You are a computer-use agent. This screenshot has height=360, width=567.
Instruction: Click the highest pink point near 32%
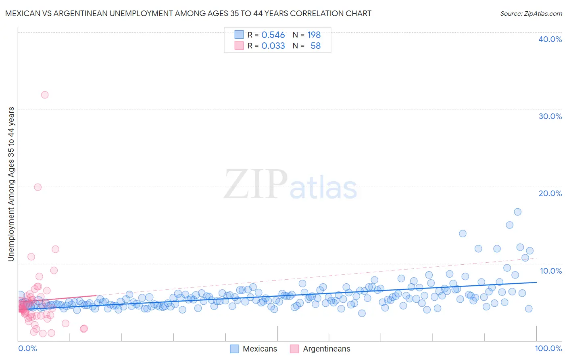45,95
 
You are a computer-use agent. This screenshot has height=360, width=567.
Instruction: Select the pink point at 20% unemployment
38,187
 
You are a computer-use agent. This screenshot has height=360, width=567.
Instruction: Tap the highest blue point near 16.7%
517,212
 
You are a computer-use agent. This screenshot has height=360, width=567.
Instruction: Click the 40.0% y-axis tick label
550,39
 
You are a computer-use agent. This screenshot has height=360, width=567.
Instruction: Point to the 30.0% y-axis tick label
550,116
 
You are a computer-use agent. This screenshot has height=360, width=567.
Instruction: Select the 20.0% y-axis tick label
550,193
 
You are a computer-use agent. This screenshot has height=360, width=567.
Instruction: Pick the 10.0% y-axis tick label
550,271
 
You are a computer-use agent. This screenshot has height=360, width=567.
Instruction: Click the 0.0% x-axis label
27,349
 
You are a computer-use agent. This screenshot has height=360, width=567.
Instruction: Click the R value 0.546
273,35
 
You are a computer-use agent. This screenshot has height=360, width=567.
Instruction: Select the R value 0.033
273,46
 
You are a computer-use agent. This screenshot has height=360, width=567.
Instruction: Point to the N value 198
314,35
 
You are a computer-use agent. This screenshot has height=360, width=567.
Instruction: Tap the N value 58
315,46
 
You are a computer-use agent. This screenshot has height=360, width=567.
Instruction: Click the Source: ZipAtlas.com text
531,13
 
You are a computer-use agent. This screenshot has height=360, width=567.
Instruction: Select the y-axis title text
11,184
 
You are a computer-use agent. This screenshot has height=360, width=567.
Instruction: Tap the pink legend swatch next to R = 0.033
239,46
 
